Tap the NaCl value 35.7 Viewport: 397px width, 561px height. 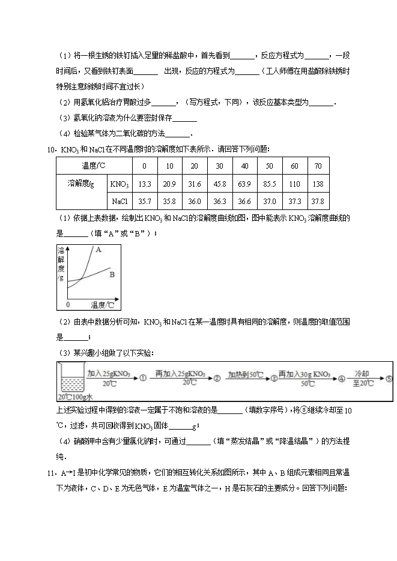tap(144, 202)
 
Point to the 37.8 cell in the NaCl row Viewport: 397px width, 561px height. tap(318, 202)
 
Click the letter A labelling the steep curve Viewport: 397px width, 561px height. tap(98, 249)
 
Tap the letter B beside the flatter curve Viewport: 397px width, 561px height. tap(112, 275)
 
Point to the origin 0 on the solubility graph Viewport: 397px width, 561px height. tap(68, 305)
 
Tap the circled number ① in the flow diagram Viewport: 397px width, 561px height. tap(143, 379)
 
